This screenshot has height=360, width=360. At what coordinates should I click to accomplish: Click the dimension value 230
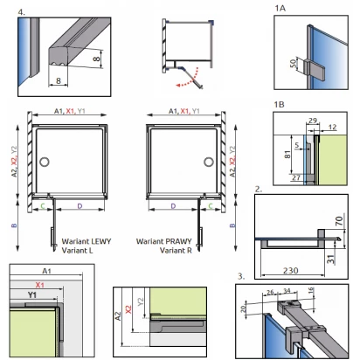tap(290, 271)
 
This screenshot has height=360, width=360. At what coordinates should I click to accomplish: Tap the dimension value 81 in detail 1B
tap(287, 155)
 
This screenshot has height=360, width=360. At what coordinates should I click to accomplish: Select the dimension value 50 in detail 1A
tap(294, 63)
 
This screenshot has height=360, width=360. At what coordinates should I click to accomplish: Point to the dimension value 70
tap(339, 221)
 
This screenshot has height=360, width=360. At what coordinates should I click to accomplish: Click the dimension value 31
tap(330, 260)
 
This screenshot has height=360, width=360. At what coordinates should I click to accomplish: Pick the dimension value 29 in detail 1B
tap(313, 121)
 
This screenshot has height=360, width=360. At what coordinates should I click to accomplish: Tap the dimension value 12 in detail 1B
tap(332, 127)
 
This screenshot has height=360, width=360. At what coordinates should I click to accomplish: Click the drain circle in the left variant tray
tap(45, 162)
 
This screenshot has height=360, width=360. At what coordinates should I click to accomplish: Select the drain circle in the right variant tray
tap(209, 162)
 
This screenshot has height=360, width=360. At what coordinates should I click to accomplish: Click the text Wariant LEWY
tap(87, 241)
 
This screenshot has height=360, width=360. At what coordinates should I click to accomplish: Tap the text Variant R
tap(176, 250)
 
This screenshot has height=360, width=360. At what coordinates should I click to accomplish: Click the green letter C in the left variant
tap(43, 206)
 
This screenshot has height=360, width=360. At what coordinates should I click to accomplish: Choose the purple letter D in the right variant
tap(173, 206)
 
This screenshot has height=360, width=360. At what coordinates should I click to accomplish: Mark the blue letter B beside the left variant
tap(14, 225)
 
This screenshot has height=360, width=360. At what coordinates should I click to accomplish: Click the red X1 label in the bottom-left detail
tap(39, 285)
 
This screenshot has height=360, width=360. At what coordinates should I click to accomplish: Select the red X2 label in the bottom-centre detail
tap(128, 309)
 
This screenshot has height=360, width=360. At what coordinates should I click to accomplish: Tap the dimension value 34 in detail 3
tap(287, 291)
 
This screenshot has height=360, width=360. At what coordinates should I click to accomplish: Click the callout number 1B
tap(279, 104)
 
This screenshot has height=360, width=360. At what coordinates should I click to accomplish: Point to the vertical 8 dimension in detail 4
tap(96, 59)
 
